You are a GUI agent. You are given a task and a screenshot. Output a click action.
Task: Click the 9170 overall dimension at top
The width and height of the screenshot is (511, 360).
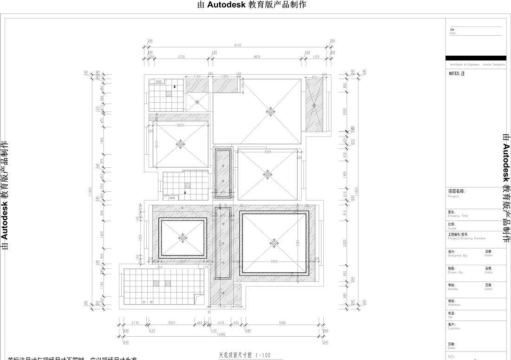[x=238, y=46]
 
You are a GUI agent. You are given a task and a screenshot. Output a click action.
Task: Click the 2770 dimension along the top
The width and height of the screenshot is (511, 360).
[x=181, y=57]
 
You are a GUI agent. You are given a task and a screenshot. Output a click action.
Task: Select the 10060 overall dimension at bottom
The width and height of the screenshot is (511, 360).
[x=221, y=334]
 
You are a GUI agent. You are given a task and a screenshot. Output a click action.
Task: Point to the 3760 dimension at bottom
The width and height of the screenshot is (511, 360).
[x=282, y=322]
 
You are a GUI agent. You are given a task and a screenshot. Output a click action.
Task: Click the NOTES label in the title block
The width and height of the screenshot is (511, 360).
[x=457, y=73]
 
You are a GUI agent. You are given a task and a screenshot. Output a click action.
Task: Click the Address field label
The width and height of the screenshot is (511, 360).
[x=454, y=303]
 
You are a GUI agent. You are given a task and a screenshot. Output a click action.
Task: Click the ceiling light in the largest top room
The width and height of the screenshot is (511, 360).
[x=270, y=111]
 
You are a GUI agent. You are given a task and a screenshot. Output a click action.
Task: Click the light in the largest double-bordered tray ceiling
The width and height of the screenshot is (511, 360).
[x=275, y=243]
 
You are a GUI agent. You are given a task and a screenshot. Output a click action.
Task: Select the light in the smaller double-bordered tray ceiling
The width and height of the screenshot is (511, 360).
[x=183, y=238]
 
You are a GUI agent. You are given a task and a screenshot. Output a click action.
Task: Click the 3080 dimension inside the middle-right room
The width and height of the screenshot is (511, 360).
[x=268, y=152]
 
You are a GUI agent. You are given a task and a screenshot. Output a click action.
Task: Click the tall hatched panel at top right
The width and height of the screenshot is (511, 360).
[x=314, y=105]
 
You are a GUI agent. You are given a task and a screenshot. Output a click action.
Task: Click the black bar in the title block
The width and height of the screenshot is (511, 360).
[x=476, y=58]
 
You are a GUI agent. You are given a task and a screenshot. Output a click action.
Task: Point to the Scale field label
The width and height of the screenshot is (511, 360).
[x=452, y=226]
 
